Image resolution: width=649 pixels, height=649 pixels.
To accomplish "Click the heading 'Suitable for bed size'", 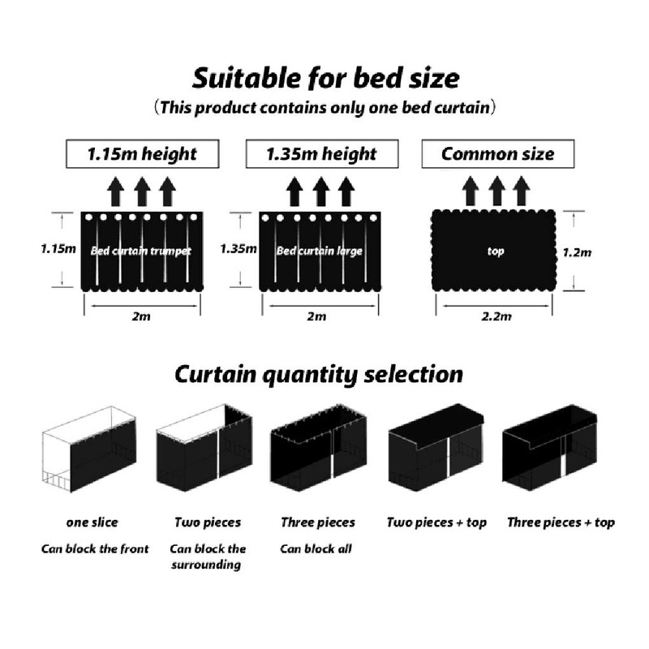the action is coord(325,79).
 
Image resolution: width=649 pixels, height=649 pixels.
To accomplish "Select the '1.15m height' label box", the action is coord(143,153).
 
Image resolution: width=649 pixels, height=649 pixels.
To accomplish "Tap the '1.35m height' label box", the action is coord(322,153).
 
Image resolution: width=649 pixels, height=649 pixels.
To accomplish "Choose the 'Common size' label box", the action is coord(497,153).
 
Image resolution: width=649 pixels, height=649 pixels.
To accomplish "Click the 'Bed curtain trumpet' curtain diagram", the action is coord(142,251).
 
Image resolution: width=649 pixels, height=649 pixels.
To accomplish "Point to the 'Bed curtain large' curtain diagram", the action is coord(320,251).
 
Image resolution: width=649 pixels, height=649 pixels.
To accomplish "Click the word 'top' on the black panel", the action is coord(496,251).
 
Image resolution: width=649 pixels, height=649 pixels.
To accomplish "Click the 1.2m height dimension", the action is coord(577,252).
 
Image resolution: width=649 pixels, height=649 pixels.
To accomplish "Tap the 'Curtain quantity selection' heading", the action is coord(319,375).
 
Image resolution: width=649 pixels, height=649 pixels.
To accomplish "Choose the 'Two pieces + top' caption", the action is coord(436,522).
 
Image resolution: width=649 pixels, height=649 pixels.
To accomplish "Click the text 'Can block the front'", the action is coord(95,548).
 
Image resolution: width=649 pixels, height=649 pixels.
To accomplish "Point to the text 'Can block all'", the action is coord(316,548).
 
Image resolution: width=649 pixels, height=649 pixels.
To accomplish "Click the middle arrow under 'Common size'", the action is coord(497,192).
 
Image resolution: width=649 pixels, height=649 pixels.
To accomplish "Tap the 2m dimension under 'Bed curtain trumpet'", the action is coord(143,316).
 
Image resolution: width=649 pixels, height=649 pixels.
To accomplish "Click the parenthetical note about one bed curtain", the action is coord(324,107).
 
